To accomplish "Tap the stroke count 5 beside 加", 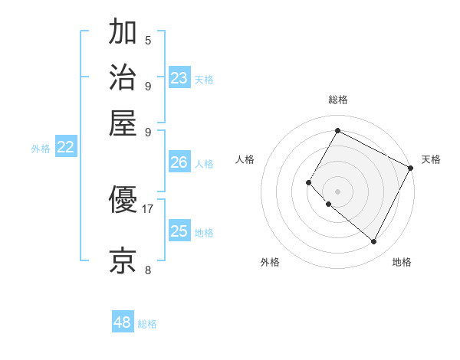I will click(148, 41).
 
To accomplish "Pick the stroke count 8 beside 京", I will click(148, 269).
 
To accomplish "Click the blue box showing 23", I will click(179, 78).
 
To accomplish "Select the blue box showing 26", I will click(179, 162).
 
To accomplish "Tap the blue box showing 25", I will click(179, 231).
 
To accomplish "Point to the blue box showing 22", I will click(65, 148).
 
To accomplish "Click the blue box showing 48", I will click(123, 322).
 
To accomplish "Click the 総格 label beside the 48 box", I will click(147, 324).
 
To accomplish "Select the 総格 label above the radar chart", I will click(337, 100).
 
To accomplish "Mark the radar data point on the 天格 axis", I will click(411, 168).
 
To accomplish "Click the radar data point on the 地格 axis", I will click(374, 242).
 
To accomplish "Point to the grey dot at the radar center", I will click(337, 191).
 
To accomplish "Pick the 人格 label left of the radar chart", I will click(245, 159).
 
